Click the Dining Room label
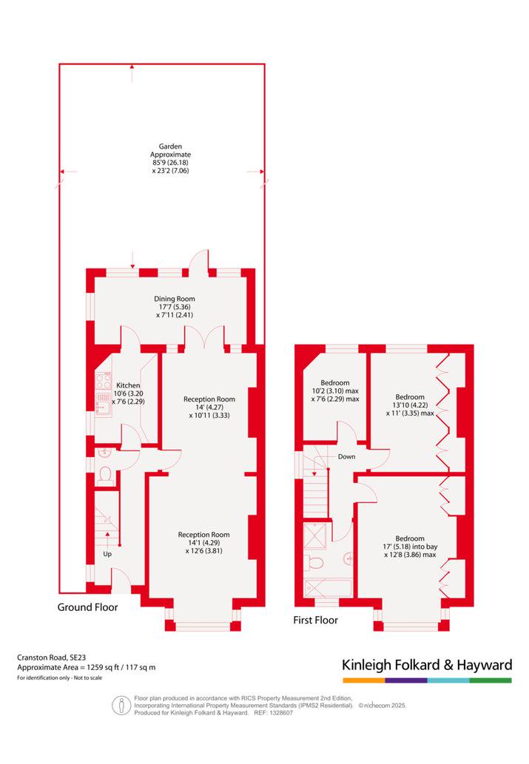[x=175, y=299]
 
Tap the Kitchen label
[x=128, y=385]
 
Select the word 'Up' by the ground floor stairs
[x=107, y=554]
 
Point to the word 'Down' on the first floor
[x=347, y=456]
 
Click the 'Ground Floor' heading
[x=88, y=607]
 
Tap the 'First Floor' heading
[x=315, y=621]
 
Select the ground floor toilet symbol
[x=105, y=475]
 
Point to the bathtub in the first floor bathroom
[x=328, y=588]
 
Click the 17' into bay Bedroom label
[x=410, y=547]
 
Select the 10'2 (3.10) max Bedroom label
[x=335, y=391]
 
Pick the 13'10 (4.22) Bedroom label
[x=410, y=405]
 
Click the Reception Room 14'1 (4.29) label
[x=203, y=543]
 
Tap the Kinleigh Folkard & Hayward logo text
[x=427, y=665]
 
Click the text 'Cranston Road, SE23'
[x=52, y=657]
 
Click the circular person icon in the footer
[x=121, y=705]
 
